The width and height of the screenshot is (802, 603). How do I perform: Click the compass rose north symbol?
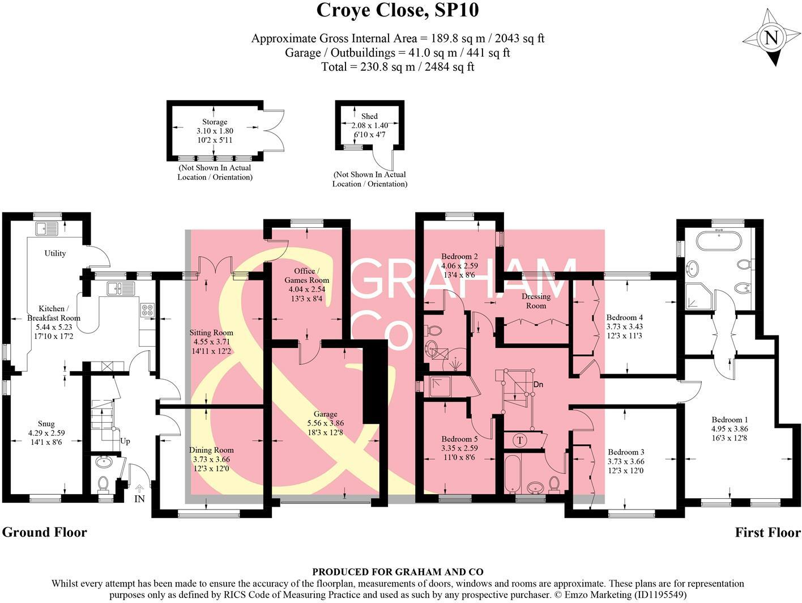[x=770, y=39]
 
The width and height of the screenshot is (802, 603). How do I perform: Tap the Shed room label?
[x=369, y=116]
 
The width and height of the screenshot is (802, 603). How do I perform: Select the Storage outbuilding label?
[x=215, y=122]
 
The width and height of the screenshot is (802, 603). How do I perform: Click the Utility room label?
[x=55, y=253]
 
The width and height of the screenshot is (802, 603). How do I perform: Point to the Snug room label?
[x=46, y=423]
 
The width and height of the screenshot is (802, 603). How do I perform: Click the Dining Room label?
[x=211, y=450]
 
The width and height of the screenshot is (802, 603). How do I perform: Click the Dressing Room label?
[x=536, y=301]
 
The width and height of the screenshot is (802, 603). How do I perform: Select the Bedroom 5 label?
[x=460, y=439]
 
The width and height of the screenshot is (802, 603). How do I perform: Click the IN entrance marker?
[x=139, y=499]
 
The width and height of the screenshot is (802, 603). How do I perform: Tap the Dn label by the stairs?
[x=538, y=385]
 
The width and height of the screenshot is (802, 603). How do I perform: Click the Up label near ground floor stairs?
[x=125, y=441]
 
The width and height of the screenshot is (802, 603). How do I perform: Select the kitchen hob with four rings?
[x=147, y=310]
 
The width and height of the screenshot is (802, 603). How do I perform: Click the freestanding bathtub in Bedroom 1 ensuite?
[x=718, y=242]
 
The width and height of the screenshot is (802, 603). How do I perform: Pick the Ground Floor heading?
[x=45, y=532]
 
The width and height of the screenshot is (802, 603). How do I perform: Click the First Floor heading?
[x=767, y=532]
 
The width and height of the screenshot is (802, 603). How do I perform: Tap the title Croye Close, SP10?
[x=398, y=10]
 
